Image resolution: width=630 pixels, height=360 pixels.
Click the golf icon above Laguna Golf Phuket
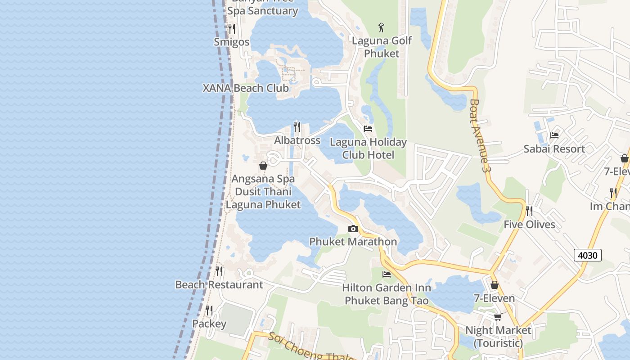click(x=382, y=27)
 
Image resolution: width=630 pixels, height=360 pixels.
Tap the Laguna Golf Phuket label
click(x=382, y=47)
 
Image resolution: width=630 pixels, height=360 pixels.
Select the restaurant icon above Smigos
click(x=232, y=29)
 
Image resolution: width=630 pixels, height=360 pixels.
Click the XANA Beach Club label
click(x=246, y=88)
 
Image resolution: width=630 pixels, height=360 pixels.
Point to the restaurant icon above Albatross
click(x=297, y=127)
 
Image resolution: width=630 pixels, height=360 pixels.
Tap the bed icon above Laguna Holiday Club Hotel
click(x=368, y=129)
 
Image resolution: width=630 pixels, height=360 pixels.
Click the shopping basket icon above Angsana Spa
click(x=263, y=166)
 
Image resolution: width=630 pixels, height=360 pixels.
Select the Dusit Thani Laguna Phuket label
click(x=263, y=198)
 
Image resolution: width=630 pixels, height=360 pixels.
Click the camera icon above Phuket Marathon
click(x=353, y=229)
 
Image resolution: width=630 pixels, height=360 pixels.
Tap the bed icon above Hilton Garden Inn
click(x=387, y=274)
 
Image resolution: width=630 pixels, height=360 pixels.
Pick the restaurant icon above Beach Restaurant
click(x=219, y=271)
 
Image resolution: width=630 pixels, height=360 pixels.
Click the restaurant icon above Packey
click(x=209, y=310)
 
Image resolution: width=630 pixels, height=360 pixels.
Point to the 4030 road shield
click(x=588, y=255)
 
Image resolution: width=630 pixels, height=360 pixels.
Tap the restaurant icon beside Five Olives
click(x=529, y=211)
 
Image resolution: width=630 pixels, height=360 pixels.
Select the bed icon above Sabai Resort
click(x=554, y=135)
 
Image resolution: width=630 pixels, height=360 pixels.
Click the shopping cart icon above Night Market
click(x=498, y=317)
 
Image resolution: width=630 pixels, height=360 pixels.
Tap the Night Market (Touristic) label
click(x=498, y=336)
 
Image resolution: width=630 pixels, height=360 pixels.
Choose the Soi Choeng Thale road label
click(x=310, y=348)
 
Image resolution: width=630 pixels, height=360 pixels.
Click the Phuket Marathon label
click(x=353, y=242)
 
